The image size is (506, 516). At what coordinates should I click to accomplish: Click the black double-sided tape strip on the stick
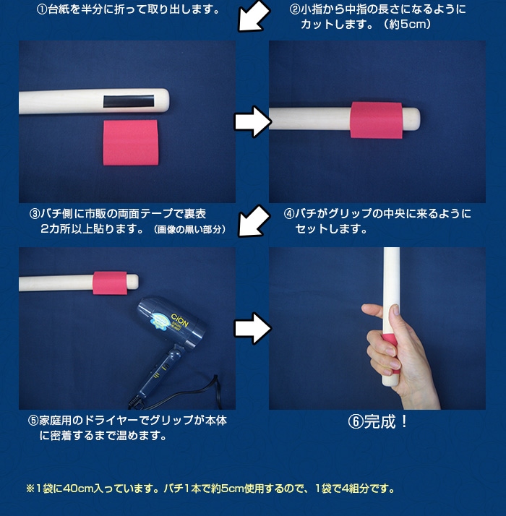[x=129, y=101]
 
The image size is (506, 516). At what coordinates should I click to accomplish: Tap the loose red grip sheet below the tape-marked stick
[x=131, y=142]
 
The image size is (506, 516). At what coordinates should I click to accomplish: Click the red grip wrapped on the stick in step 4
[x=377, y=120]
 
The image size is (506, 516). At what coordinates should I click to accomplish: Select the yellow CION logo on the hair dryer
[x=180, y=320]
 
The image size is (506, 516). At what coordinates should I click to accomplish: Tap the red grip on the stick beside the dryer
[x=110, y=283]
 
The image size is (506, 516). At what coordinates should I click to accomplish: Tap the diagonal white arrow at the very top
[x=254, y=16]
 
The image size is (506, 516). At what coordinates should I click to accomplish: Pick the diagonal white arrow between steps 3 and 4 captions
[x=254, y=220]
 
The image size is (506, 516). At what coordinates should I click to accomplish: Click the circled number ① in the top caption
[x=42, y=9]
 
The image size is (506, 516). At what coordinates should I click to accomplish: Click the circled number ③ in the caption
[x=35, y=214]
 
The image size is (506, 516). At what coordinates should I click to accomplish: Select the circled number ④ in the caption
[x=288, y=214]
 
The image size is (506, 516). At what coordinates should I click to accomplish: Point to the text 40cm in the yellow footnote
[x=77, y=489]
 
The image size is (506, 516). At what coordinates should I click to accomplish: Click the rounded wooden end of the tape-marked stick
[x=162, y=100]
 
